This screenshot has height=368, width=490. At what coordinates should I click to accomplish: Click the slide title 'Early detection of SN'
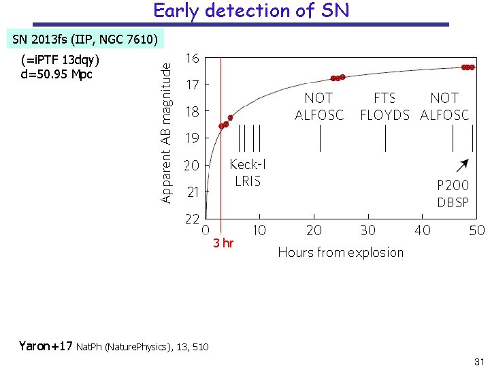(251, 11)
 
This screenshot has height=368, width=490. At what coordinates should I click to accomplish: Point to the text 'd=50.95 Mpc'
(56, 74)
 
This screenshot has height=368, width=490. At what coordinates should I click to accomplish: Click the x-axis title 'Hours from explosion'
(340, 252)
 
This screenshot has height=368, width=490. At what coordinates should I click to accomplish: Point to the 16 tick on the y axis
(193, 59)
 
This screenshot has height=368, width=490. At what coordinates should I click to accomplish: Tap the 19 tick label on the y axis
(193, 138)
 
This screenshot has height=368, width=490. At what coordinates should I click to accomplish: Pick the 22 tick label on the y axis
(193, 219)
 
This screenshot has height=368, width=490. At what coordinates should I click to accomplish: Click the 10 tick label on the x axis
(259, 230)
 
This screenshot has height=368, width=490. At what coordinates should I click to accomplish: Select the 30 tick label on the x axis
(367, 230)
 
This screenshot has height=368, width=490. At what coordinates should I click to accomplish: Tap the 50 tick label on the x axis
(476, 230)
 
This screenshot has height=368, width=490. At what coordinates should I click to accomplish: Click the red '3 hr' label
(223, 243)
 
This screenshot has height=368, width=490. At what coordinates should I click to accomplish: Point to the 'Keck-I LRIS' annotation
(247, 172)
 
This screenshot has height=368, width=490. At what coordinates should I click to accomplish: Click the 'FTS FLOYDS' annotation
(385, 106)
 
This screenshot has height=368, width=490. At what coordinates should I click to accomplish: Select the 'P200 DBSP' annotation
(453, 194)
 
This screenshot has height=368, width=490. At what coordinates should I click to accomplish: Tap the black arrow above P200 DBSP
(462, 166)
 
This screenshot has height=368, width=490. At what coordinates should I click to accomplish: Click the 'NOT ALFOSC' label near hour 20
(319, 106)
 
